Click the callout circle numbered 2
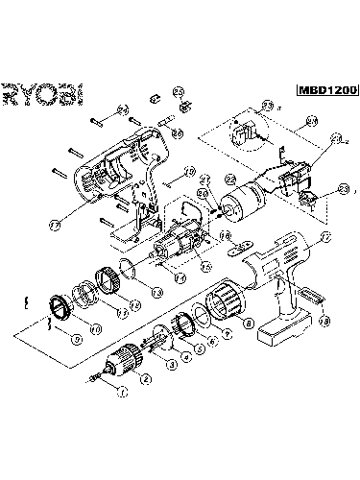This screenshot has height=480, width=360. [x=145, y=379]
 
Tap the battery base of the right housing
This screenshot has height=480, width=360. [x=283, y=331]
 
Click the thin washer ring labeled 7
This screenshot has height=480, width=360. [x=206, y=317]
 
